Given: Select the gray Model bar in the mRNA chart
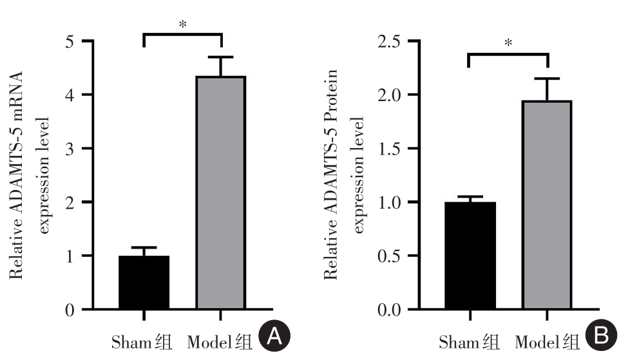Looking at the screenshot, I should click(221, 193).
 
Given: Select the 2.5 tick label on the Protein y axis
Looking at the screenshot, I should click(388, 42).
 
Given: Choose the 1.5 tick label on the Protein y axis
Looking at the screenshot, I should click(388, 149).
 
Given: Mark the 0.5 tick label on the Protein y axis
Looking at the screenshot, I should click(388, 256).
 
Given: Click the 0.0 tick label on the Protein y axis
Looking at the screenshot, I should click(388, 310).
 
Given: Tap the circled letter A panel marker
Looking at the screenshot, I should click(274, 337).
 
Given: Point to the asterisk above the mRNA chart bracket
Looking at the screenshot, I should click(182, 24).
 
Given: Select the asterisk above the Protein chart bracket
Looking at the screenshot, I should click(508, 43).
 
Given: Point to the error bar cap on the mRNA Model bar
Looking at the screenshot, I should click(221, 57).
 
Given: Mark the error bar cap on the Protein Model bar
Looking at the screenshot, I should click(547, 79).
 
